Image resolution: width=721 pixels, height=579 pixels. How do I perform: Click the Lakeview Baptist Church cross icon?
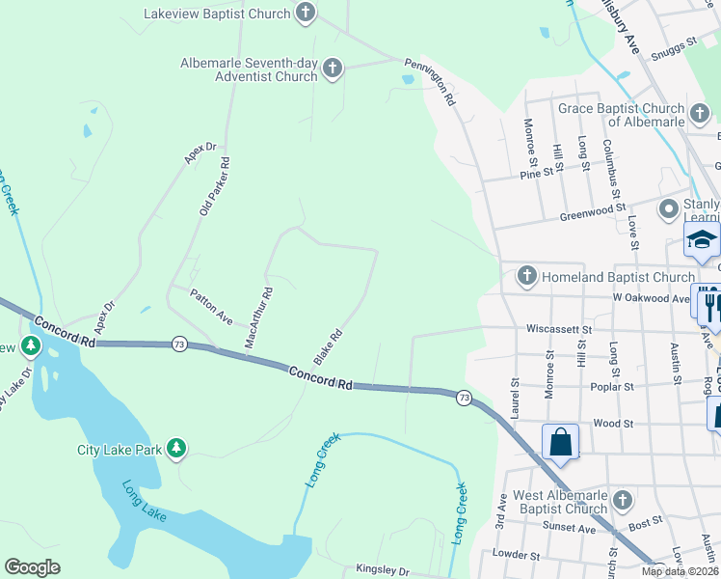[x=306, y=14]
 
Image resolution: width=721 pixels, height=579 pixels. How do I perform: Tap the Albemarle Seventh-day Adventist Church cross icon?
[x=333, y=69]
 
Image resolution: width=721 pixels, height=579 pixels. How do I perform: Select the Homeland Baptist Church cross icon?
[x=526, y=277]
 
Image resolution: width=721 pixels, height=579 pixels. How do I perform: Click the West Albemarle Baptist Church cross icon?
[x=623, y=500]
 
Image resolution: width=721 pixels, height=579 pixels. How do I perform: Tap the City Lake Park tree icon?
[x=175, y=448]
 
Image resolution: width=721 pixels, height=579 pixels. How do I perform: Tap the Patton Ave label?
[x=211, y=306]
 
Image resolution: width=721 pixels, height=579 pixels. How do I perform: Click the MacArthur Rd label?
[x=258, y=317]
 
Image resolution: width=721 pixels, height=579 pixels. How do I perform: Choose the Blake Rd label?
[x=329, y=346]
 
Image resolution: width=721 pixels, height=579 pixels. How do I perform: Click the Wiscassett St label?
[x=558, y=328]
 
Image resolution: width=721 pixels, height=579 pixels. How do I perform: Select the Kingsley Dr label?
[x=383, y=570]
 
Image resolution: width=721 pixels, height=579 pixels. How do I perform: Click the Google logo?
[x=32, y=567]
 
